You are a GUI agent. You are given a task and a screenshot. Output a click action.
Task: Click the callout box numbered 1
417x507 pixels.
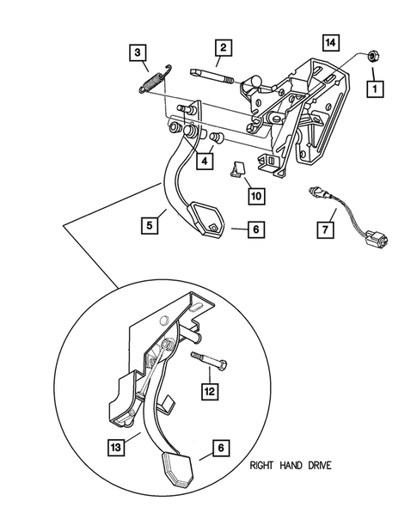point(374,87)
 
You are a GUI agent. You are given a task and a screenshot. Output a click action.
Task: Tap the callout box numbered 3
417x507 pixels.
point(137,53)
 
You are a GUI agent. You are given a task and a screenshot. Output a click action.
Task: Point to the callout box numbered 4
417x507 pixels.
point(206,160)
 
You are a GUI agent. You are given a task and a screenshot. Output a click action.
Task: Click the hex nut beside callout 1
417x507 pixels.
point(375,57)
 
